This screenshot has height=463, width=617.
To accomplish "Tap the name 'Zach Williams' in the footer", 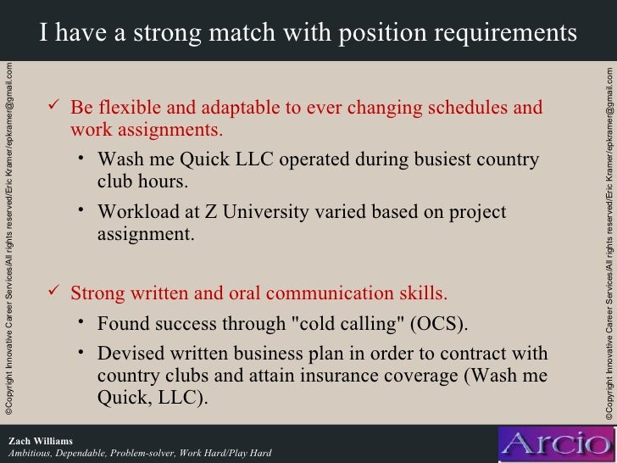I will [x=40, y=441].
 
